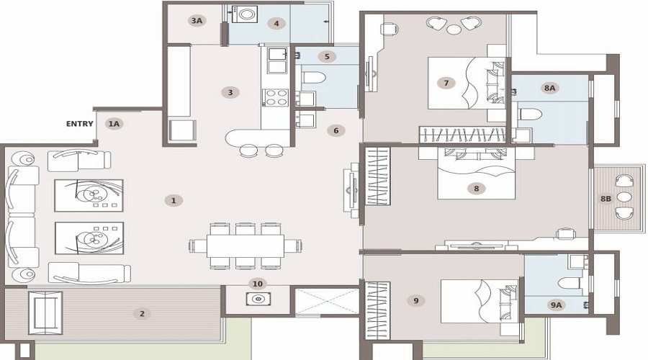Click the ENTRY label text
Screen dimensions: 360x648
(79, 123)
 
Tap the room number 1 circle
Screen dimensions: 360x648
(173, 199)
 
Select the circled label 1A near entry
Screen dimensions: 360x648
(114, 123)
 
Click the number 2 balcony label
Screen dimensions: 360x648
(142, 313)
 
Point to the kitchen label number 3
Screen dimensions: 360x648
(230, 91)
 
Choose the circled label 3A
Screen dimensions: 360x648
(197, 21)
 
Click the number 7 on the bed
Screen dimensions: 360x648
(446, 83)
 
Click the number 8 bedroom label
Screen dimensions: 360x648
(476, 188)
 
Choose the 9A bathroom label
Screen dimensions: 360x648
(556, 305)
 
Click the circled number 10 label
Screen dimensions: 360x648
(258, 283)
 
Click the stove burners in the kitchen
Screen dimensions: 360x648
(274, 97)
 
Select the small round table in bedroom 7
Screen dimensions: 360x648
(453, 29)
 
